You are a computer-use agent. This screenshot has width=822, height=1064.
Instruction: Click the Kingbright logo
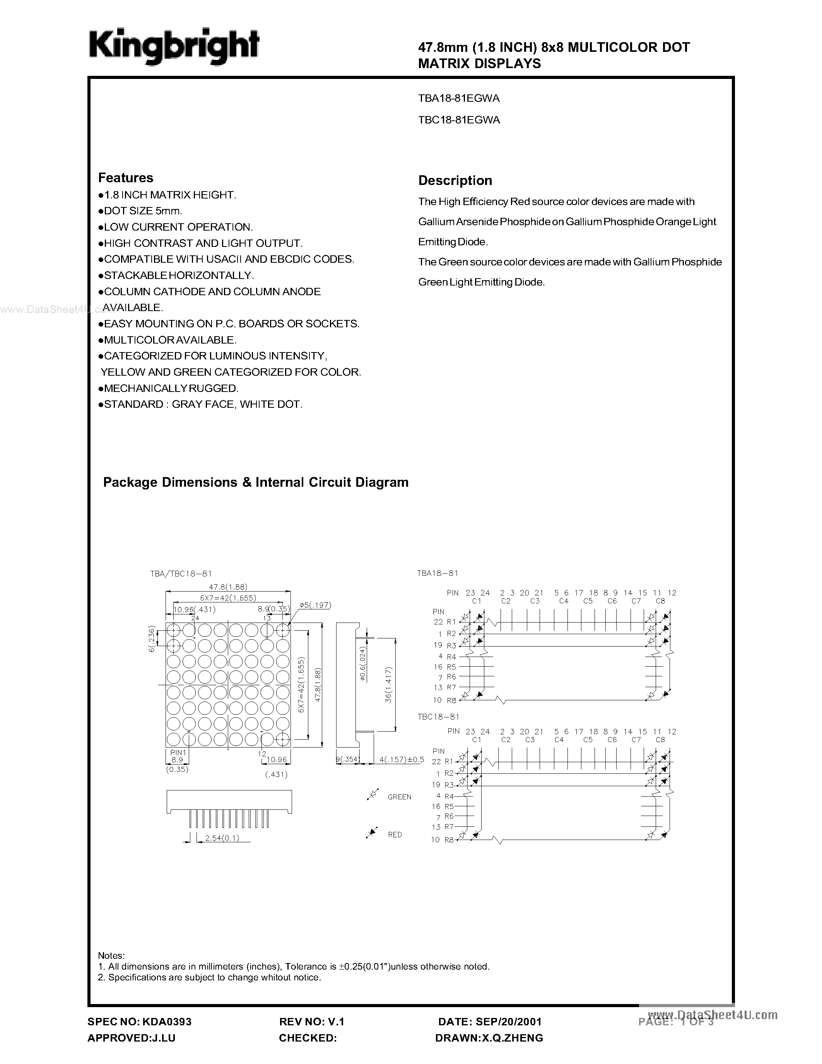(x=173, y=47)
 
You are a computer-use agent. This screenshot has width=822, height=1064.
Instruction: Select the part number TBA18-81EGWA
(x=459, y=98)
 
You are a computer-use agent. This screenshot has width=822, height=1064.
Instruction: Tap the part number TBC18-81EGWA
(x=459, y=120)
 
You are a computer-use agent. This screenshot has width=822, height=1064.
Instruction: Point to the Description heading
(x=455, y=181)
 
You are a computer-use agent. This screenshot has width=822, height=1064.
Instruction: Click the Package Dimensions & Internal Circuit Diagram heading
(x=256, y=482)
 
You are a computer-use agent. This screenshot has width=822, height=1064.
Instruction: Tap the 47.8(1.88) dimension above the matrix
(x=228, y=587)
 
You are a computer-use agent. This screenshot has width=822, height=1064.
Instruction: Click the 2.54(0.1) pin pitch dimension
(x=222, y=838)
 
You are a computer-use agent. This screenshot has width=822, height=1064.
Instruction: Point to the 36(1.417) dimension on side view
(x=388, y=684)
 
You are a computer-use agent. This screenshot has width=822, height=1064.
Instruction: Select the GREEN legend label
(x=399, y=797)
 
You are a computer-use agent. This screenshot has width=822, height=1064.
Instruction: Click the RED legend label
(x=395, y=835)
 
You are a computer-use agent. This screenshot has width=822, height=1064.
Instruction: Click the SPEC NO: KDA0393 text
(x=139, y=1021)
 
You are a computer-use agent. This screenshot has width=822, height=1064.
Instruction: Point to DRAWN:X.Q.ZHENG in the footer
(x=489, y=1038)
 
